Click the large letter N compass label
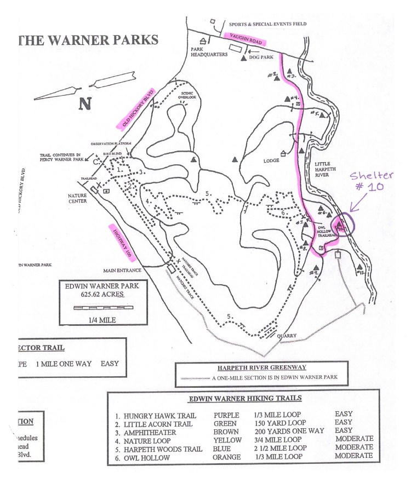84,104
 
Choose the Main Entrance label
122,270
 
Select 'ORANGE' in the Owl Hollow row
227,456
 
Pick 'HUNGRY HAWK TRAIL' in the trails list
156,413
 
